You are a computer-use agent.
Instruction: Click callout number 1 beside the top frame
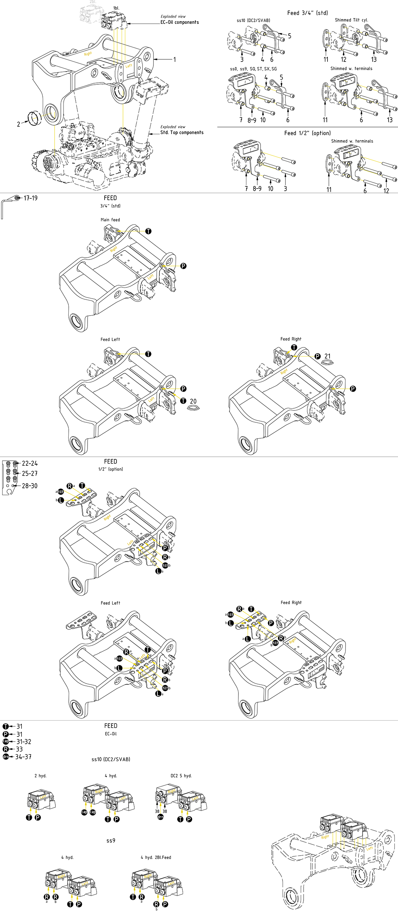(174, 59)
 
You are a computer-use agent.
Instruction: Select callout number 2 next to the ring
(18, 124)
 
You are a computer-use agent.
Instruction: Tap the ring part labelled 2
(35, 118)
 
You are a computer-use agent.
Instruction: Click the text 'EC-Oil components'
(179, 22)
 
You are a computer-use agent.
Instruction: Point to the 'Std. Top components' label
(182, 132)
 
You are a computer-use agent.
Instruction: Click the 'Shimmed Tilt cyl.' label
(351, 20)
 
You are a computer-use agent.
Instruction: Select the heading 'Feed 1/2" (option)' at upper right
(307, 133)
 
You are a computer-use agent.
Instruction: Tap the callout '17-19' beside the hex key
(30, 198)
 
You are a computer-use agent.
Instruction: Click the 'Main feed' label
(110, 220)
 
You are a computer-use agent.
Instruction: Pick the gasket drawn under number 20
(194, 408)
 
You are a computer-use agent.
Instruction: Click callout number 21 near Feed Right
(327, 356)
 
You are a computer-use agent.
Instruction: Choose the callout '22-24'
(30, 463)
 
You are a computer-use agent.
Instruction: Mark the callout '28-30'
(30, 486)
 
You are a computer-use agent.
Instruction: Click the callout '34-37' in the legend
(23, 756)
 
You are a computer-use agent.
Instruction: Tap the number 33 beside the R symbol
(19, 749)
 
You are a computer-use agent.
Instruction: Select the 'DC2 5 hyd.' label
(181, 776)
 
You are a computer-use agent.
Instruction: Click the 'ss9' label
(111, 840)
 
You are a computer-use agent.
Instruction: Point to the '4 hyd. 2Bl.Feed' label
(156, 857)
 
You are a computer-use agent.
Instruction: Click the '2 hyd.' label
(41, 776)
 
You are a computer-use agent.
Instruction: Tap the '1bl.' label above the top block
(116, 8)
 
